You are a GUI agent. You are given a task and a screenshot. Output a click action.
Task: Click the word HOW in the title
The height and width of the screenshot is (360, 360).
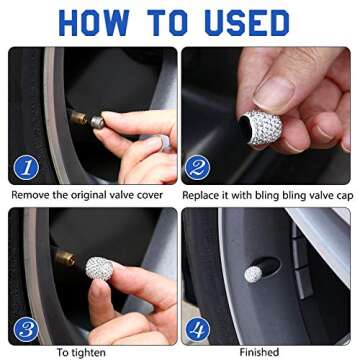[x=94, y=22]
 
